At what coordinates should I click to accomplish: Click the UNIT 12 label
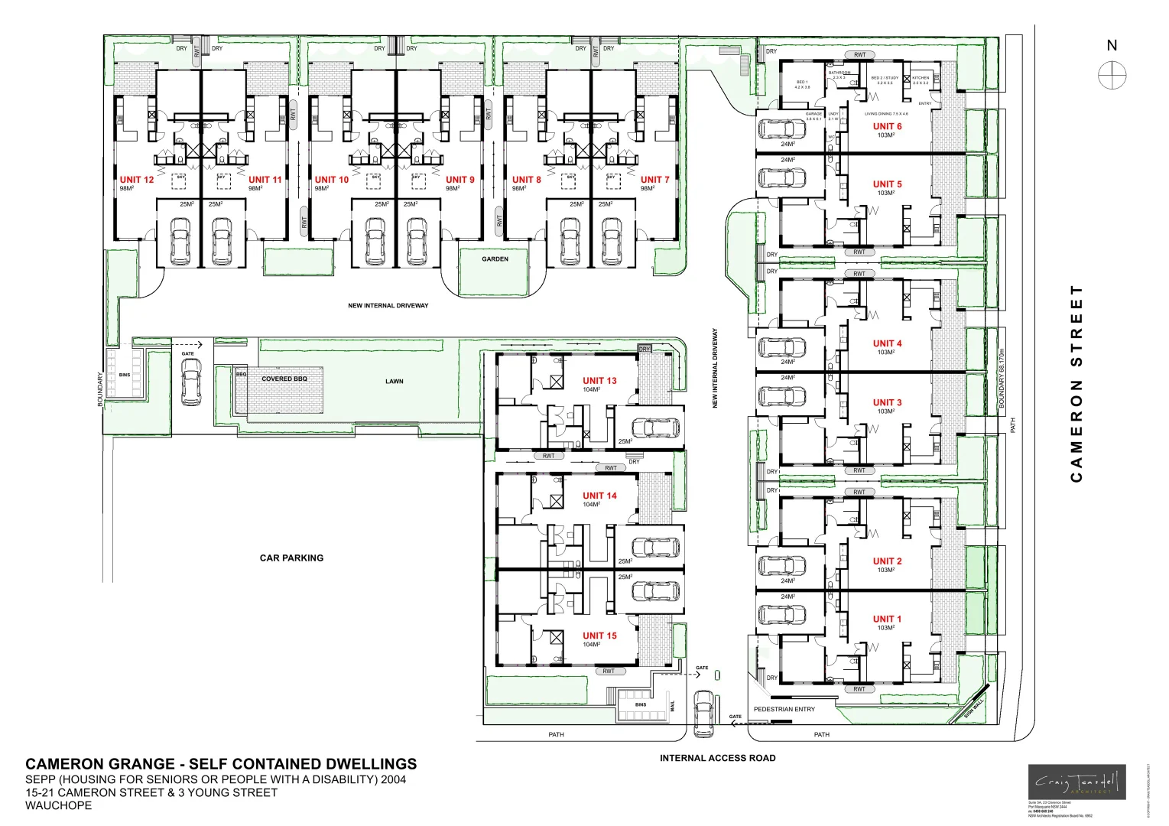point(137,180)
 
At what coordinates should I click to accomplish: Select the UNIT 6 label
point(887,126)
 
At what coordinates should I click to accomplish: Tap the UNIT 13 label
point(599,380)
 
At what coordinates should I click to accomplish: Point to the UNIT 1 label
point(887,619)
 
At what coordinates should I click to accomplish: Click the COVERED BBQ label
point(284,379)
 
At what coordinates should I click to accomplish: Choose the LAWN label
point(395,381)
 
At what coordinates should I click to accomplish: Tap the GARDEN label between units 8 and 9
point(495,259)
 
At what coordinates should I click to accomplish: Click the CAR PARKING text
point(291,558)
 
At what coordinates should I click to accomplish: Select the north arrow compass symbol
point(1112,75)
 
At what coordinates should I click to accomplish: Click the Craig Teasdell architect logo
point(1076,782)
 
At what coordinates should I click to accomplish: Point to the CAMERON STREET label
point(1077,383)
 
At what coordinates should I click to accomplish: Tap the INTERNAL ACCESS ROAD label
point(717,758)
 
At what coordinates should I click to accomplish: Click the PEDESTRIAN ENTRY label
point(784,709)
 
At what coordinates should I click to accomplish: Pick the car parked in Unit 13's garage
point(654,427)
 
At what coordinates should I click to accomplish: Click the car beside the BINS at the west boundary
point(190,381)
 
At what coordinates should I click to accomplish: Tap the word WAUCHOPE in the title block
point(58,805)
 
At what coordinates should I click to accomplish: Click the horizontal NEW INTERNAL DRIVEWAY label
point(388,306)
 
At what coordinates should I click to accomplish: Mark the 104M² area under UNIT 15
point(591,645)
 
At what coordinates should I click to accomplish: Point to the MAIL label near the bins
point(673,706)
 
